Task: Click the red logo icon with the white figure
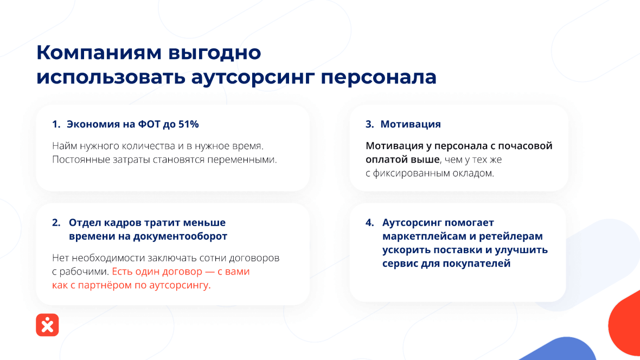coord(47,325)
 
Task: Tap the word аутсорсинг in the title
coord(253,78)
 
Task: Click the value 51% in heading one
coord(188,124)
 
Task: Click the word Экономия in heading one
coord(92,124)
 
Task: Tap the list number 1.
coord(55,124)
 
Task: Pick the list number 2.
coord(56,223)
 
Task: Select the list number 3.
coord(369,124)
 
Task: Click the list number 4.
coord(369,223)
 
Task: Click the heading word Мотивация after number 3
coord(411,124)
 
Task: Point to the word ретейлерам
coord(510,236)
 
